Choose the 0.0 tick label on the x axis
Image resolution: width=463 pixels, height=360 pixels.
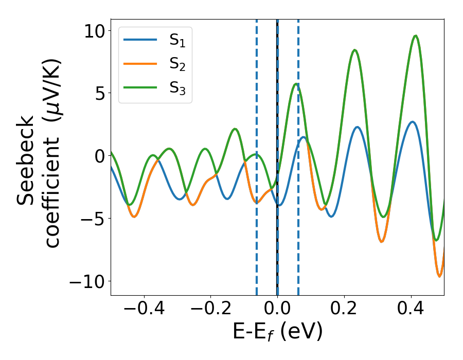coord(277,310)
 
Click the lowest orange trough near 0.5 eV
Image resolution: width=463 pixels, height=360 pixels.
coord(439,276)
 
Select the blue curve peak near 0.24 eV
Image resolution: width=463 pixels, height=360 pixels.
coord(357,127)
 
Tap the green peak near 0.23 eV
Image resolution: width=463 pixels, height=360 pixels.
coord(354,50)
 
